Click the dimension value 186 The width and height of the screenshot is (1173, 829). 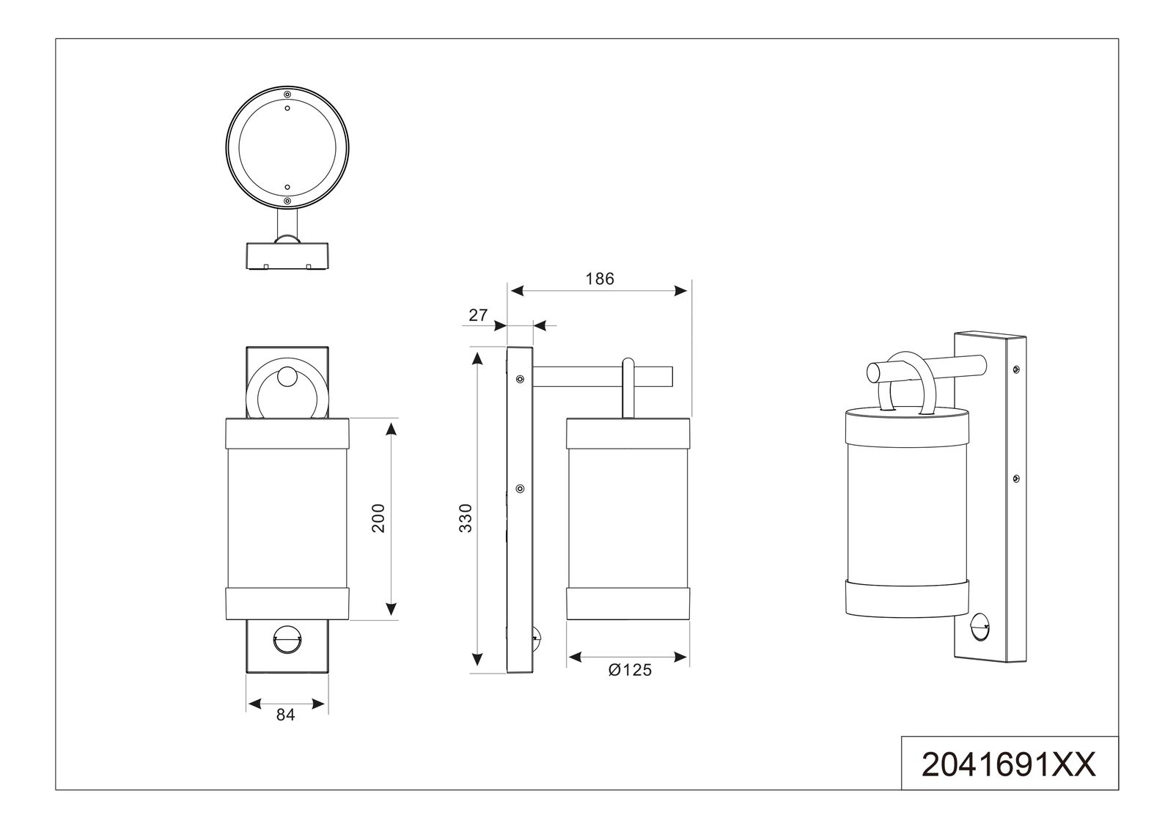coord(600,279)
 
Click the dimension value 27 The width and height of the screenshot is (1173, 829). coord(478,315)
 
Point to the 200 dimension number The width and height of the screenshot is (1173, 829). coord(378,517)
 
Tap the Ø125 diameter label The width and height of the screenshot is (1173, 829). coord(629,670)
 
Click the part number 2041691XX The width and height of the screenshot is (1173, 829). coord(1009,765)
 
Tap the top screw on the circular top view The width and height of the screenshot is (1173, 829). coord(287,95)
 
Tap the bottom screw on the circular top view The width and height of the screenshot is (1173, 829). coord(287,200)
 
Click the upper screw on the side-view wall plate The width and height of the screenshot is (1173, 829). coord(520,379)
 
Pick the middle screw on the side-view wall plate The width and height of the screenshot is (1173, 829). coord(520,488)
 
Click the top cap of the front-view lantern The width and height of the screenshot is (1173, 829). coord(286,432)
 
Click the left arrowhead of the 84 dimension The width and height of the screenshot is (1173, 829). coord(254,704)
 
